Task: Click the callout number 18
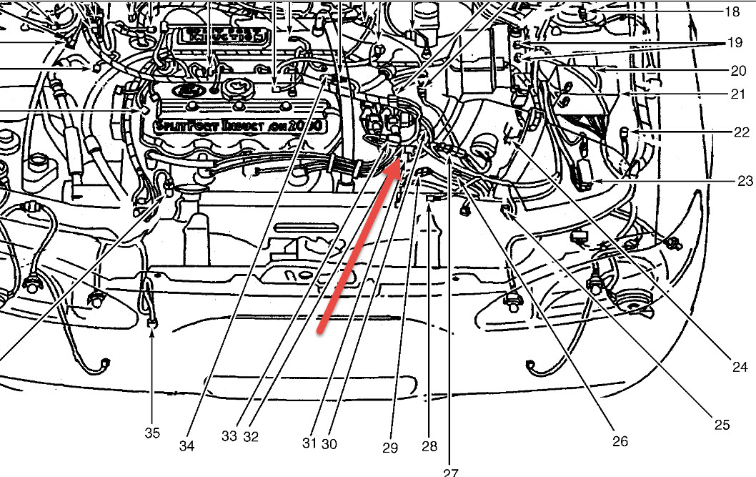732,12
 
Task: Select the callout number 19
735,43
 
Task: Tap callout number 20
738,71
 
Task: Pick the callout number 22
742,132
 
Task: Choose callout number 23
745,181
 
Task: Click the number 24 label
740,368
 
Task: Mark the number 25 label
721,425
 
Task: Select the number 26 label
620,441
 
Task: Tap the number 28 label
429,447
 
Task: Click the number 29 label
389,448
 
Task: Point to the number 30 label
329,443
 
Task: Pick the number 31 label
309,443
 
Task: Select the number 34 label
186,447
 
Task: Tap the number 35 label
152,433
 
